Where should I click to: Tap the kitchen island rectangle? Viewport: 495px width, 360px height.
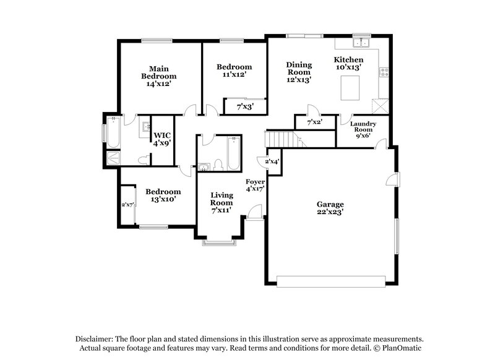click(351, 85)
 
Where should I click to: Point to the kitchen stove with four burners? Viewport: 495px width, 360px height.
click(384, 72)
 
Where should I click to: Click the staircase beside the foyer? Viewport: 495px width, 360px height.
click(278, 139)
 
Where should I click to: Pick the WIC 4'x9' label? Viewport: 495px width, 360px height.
click(162, 139)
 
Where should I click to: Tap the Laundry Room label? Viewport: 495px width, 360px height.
click(363, 130)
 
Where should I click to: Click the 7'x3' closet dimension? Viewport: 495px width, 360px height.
click(246, 107)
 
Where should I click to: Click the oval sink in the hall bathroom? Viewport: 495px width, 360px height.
click(204, 166)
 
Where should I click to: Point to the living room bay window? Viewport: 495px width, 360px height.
click(220, 243)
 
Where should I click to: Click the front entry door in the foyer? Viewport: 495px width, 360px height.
click(253, 211)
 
